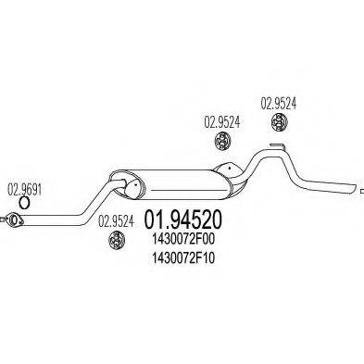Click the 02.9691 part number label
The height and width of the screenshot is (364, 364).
tap(25, 185)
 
